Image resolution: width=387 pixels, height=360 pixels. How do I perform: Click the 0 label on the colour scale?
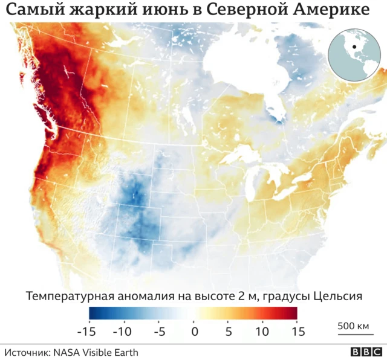195,332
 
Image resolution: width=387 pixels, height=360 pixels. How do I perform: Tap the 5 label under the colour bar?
228,332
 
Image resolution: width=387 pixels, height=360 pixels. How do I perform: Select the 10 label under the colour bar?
262,332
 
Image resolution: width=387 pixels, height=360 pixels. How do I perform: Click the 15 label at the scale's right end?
297,332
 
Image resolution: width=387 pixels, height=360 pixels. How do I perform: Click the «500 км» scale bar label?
353,326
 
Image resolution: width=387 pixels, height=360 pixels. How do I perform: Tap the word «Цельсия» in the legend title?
338,297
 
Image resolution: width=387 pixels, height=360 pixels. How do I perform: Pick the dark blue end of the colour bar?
94,313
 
